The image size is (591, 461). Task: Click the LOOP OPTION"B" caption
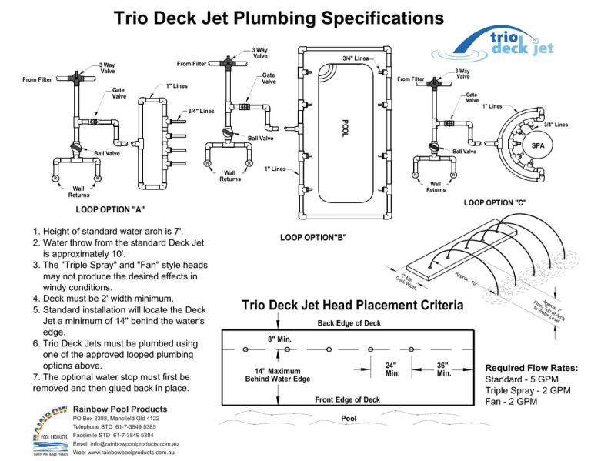pyautogui.click(x=318, y=236)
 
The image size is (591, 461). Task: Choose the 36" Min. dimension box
pyautogui.click(x=442, y=369)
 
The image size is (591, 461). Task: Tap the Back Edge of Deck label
pyautogui.click(x=348, y=322)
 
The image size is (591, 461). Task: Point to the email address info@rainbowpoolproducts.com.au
pyautogui.click(x=125, y=444)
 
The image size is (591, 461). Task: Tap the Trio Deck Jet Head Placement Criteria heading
pyautogui.click(x=352, y=306)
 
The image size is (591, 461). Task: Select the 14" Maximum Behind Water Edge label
pyautogui.click(x=278, y=374)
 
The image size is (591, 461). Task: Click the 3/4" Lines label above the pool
pyautogui.click(x=356, y=58)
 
